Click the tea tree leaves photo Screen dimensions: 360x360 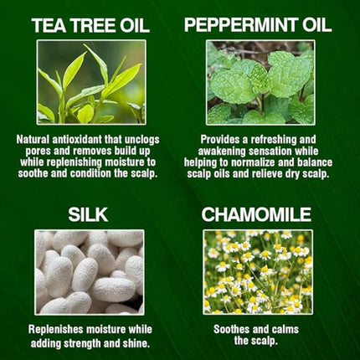point(90,82)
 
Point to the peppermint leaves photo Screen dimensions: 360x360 point(259,82)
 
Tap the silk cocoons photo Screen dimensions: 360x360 point(90,272)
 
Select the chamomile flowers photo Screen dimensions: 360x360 point(259,272)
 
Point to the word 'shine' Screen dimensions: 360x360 point(141,342)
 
